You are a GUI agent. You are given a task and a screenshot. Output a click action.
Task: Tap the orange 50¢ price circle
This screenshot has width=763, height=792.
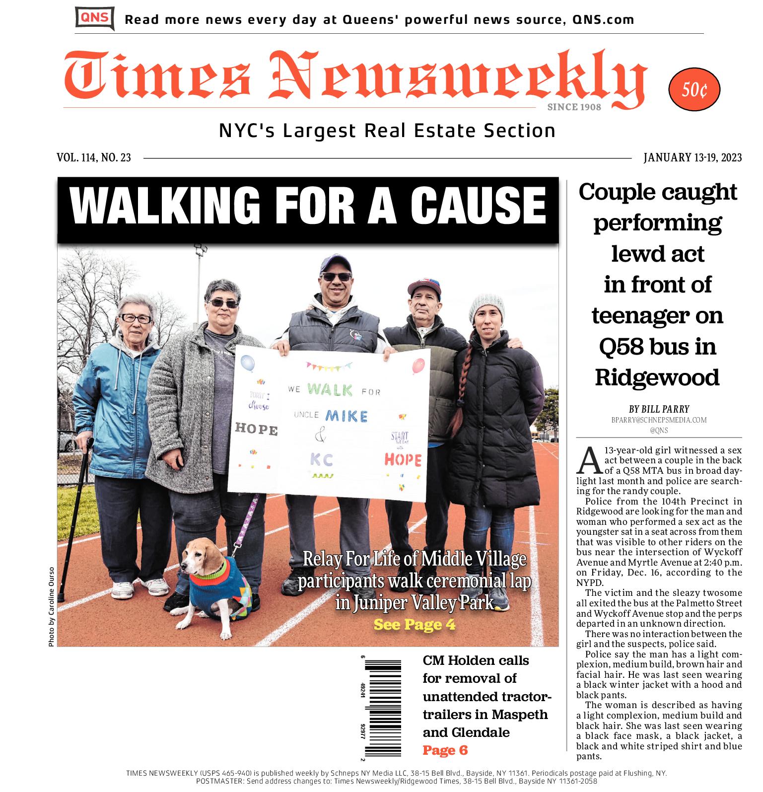point(694,90)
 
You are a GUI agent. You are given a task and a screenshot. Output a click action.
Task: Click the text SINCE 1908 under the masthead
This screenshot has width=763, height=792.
point(574,107)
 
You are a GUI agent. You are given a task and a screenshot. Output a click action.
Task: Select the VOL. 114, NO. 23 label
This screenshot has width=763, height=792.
point(94,158)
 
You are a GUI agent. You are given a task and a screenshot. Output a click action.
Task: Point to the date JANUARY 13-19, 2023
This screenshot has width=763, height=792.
point(692,158)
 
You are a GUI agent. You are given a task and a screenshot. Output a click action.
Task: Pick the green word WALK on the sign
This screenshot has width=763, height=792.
point(330,390)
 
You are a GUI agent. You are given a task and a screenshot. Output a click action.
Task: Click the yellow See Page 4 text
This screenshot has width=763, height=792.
point(414,625)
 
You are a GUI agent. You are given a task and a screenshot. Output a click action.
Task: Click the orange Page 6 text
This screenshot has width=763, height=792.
point(445,750)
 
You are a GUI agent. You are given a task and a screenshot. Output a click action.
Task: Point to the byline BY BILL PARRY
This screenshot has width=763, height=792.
point(659,409)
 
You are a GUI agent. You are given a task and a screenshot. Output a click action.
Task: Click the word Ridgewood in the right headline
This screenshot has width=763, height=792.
point(657,377)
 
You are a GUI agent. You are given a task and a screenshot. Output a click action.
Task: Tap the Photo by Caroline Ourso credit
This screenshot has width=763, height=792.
point(51,607)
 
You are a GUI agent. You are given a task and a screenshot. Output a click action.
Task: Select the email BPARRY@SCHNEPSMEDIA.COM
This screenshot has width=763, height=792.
point(659,420)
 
